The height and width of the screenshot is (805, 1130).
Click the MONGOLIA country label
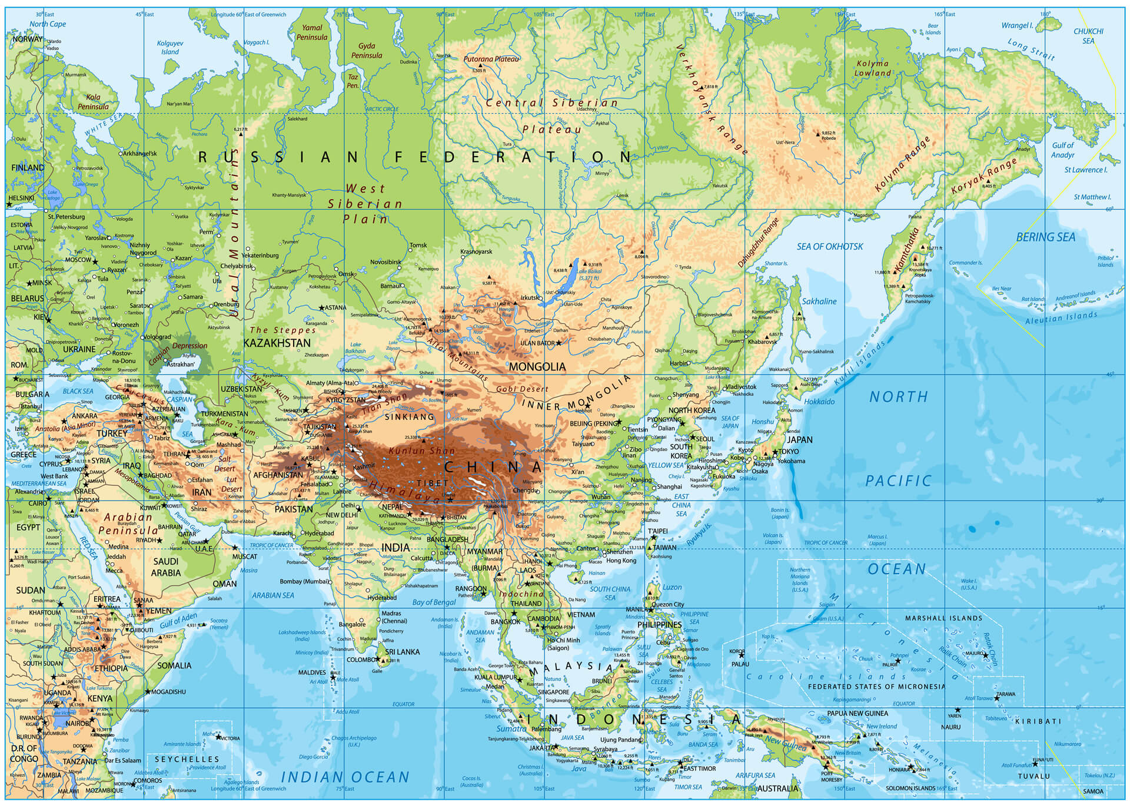[x=537, y=366]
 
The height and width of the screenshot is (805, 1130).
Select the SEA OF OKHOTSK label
[x=830, y=246]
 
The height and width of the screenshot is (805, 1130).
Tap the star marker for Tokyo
[x=775, y=452]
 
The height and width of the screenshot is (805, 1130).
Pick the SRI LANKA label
[x=402, y=652]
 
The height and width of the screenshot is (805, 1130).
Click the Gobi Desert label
[x=522, y=389]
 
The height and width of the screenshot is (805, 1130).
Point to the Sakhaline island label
[x=819, y=302]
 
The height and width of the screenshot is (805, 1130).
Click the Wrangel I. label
[x=1017, y=25]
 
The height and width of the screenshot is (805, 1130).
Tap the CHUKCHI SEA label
[x=1088, y=36]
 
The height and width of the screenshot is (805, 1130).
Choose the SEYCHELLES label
[x=187, y=759]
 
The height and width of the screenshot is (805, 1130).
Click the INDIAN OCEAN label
[x=345, y=777]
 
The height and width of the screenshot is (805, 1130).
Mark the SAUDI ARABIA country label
[x=167, y=567]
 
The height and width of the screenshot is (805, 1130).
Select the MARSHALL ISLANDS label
[x=943, y=618]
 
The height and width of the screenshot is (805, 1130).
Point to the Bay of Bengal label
[x=434, y=602]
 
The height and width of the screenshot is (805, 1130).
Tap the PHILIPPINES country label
[x=659, y=624]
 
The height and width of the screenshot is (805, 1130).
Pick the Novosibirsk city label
[x=385, y=261]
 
